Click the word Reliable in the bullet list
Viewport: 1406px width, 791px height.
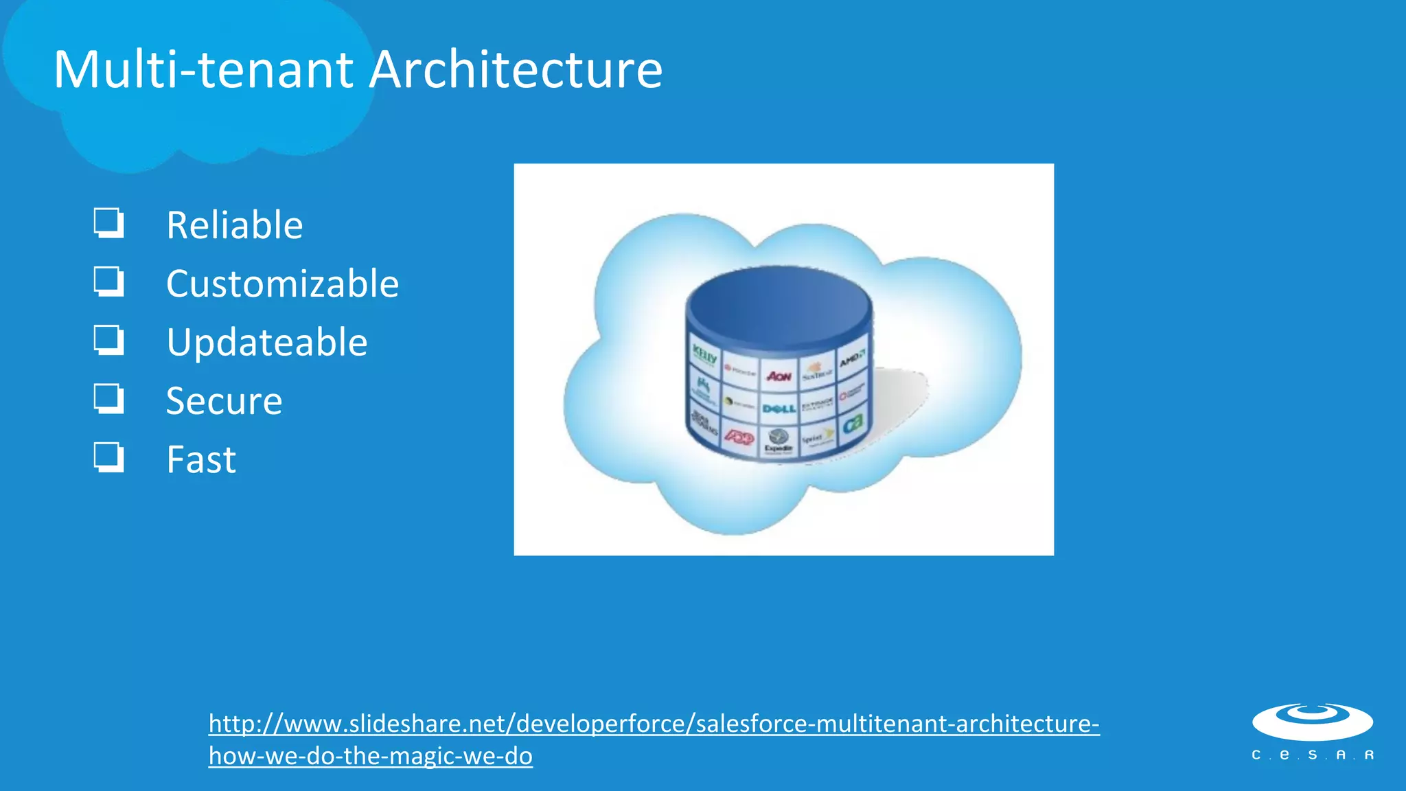point(234,225)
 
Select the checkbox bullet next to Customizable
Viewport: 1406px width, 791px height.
point(108,282)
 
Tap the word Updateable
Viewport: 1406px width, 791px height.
point(266,342)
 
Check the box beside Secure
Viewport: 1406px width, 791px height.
point(108,398)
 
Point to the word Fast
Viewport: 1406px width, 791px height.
point(201,459)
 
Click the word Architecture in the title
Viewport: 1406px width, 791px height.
point(516,69)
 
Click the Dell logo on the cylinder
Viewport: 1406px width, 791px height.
point(779,409)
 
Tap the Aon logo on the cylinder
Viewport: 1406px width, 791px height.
point(779,376)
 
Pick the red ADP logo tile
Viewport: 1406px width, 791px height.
point(739,437)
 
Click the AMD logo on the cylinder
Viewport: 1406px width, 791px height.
point(852,358)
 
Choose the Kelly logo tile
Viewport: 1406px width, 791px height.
point(704,356)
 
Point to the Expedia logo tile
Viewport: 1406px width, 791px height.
point(779,441)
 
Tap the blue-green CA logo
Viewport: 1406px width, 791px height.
point(852,424)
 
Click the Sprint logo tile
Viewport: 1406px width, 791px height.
point(817,437)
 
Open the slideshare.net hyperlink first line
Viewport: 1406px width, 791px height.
point(654,724)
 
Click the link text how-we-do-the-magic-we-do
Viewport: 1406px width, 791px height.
point(371,756)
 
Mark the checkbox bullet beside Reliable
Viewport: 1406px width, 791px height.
point(108,223)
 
